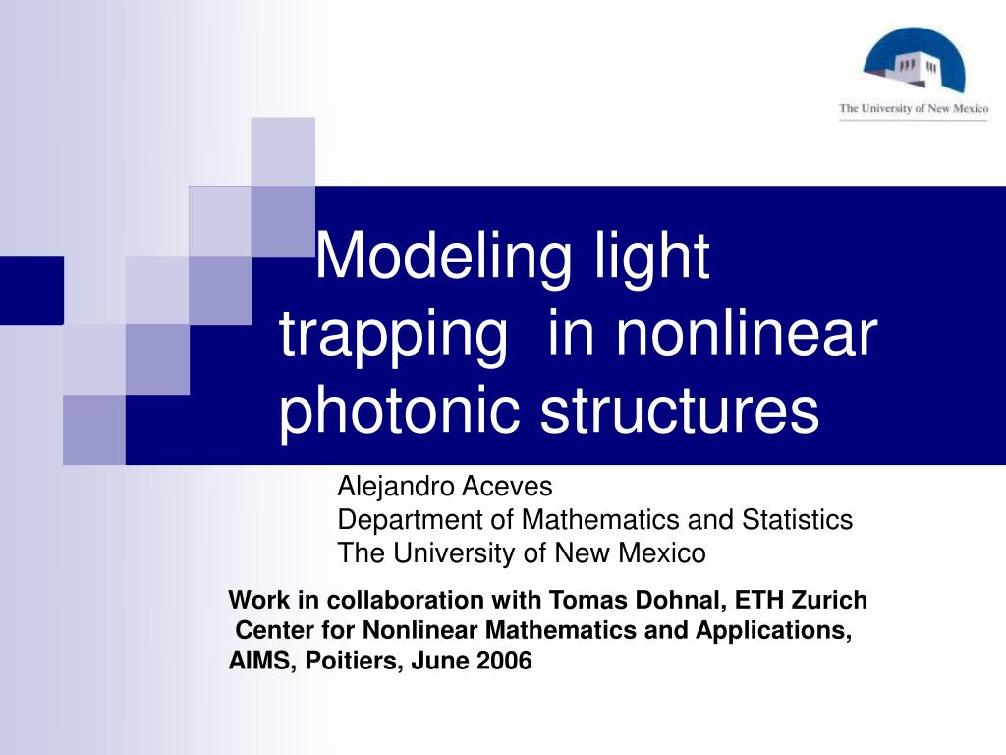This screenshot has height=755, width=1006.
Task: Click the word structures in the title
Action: tap(679, 411)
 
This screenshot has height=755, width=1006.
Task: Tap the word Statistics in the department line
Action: tap(799, 519)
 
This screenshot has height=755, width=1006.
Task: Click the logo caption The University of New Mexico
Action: tap(914, 109)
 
